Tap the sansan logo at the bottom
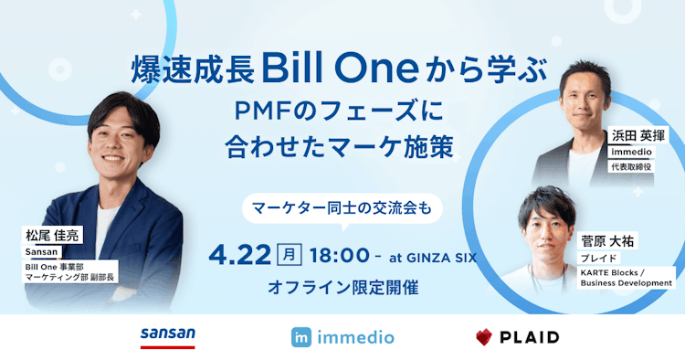[x=168, y=336]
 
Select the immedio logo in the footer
[x=342, y=337]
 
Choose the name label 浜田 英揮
[x=638, y=135]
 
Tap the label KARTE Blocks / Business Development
[x=626, y=278]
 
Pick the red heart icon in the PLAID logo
[x=484, y=337]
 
